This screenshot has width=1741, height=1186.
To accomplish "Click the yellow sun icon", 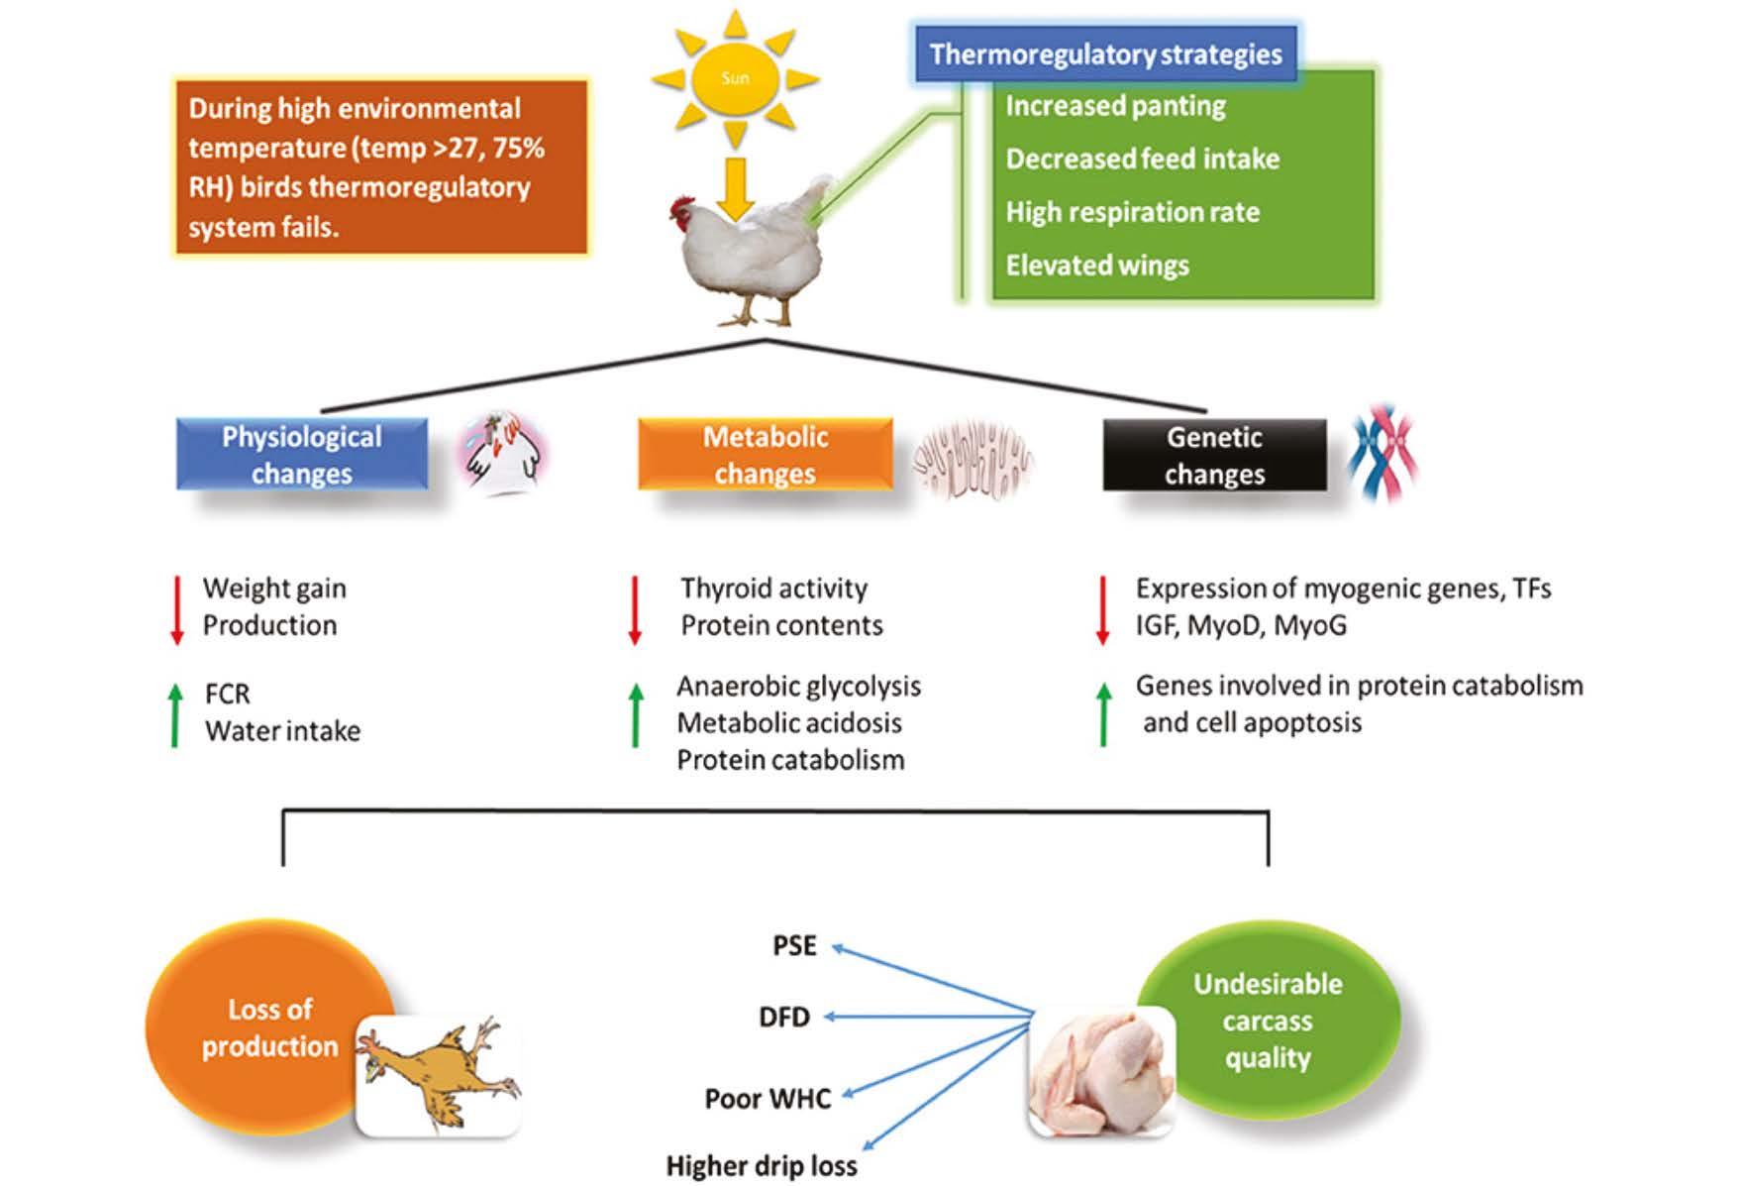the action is tap(735, 77).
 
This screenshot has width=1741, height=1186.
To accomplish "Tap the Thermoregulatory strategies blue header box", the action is tap(1105, 54).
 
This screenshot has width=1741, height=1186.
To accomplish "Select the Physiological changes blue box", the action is tap(302, 455).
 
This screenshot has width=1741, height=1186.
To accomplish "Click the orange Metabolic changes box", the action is tap(765, 455).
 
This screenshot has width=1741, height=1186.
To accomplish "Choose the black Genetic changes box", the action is tap(1215, 455).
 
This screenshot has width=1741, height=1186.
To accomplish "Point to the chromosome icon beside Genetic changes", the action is tap(1384, 454).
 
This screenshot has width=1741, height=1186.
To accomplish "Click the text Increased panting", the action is tap(1115, 106).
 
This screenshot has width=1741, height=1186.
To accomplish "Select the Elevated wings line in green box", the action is tap(1097, 265).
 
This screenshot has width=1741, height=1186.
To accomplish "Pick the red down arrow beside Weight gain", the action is tap(177, 610).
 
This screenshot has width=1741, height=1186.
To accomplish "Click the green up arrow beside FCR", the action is tap(175, 714).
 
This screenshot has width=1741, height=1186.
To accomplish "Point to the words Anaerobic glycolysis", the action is tap(798, 686).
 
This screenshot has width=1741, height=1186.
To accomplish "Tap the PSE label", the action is tap(794, 945).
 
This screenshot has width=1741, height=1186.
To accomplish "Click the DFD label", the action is tap(784, 1017).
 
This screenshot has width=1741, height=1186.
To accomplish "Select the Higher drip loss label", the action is tap(762, 1166).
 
